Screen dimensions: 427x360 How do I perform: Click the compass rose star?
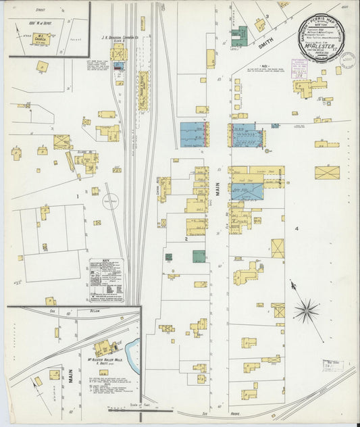(306, 310)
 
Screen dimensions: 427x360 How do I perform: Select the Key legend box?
(107, 280)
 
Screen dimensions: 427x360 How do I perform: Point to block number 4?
(296, 229)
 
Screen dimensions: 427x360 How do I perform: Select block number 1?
(78, 197)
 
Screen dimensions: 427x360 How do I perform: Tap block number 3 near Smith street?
(267, 16)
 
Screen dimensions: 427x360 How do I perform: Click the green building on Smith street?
(239, 36)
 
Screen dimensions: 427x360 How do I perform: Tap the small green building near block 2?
(168, 257)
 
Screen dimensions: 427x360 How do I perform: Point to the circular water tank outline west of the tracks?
(111, 201)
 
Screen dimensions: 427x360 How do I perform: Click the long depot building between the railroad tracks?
(143, 91)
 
